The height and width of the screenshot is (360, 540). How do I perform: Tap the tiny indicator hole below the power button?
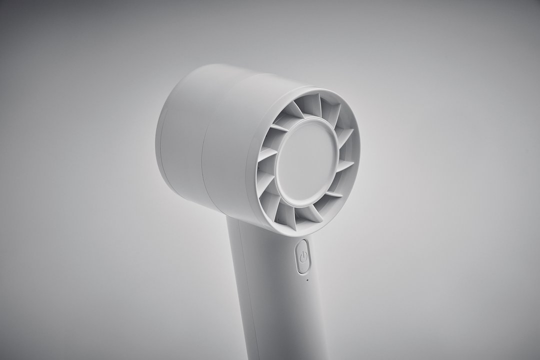(x=307, y=280)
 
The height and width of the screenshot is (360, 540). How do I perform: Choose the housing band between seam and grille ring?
(x=230, y=150)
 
